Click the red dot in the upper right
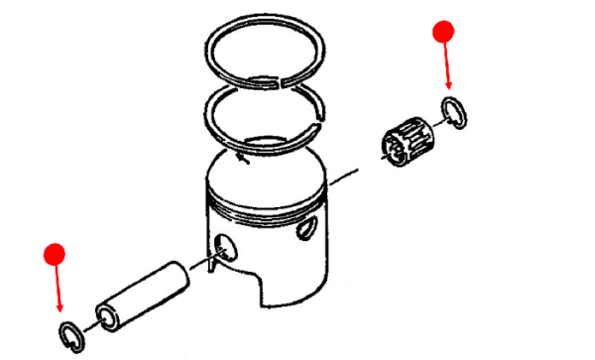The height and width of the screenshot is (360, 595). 444,33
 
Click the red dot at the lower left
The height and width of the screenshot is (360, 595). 56,254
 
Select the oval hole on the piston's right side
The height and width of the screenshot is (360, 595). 308,227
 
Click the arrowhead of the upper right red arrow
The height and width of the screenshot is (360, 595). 449,88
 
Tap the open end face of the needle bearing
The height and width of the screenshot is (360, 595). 390,149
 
